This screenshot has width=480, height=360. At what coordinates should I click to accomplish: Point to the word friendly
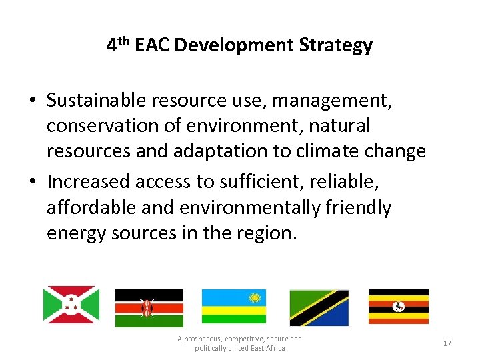357,207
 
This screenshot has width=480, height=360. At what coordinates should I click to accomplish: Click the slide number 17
447,343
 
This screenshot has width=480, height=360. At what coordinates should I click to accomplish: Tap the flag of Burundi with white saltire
71,305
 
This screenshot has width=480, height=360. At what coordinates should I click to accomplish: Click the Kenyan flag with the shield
149,307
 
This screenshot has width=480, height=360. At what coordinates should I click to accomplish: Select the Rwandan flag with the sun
233,306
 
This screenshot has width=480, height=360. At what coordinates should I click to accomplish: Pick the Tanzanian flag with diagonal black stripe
319,307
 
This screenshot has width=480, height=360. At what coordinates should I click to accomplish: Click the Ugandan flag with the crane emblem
398,306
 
